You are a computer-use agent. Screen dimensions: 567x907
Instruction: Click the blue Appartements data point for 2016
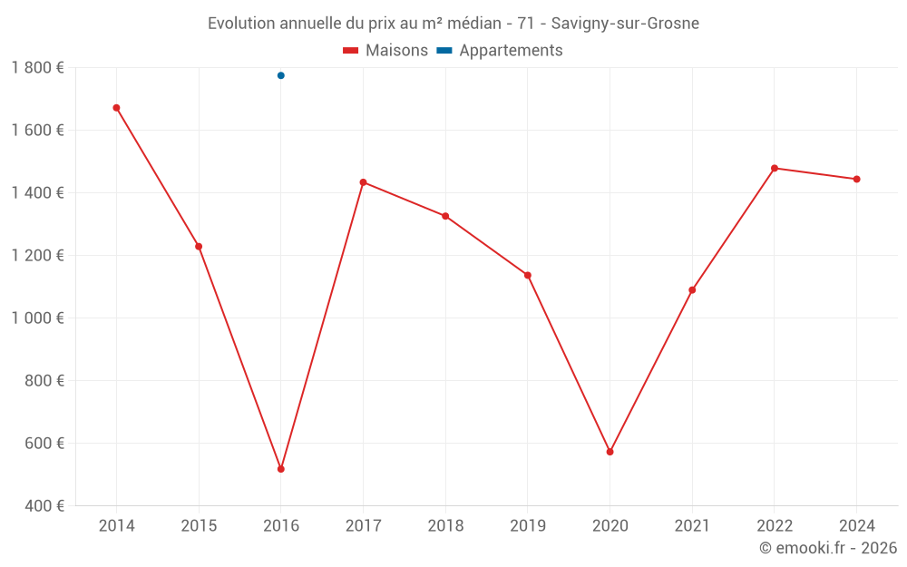coord(281,75)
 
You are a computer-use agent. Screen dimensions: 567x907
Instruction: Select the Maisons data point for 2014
coord(116,108)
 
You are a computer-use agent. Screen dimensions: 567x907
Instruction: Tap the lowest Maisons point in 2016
coord(281,469)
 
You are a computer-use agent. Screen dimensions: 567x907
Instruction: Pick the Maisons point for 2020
coord(610,452)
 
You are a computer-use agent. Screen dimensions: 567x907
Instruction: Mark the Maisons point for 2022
coord(775,168)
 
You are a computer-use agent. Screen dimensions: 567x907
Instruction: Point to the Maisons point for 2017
coord(363,182)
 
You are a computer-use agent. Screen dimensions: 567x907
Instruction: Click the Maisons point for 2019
coord(528,275)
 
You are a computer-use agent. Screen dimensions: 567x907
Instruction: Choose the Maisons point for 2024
coord(856,179)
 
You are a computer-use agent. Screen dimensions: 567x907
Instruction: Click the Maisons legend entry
coord(385,51)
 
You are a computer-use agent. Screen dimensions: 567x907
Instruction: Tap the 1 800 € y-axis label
coord(37,68)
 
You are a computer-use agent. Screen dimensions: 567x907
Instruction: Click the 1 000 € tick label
coord(37,318)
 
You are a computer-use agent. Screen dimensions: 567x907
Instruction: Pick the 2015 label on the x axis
coord(199,526)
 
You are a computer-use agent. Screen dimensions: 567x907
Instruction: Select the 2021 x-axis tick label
coord(692,526)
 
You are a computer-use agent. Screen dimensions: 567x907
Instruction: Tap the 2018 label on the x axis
coord(445,526)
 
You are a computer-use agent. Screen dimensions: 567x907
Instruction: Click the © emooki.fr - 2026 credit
coord(827,548)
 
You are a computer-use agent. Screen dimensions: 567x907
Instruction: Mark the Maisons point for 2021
coord(692,290)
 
